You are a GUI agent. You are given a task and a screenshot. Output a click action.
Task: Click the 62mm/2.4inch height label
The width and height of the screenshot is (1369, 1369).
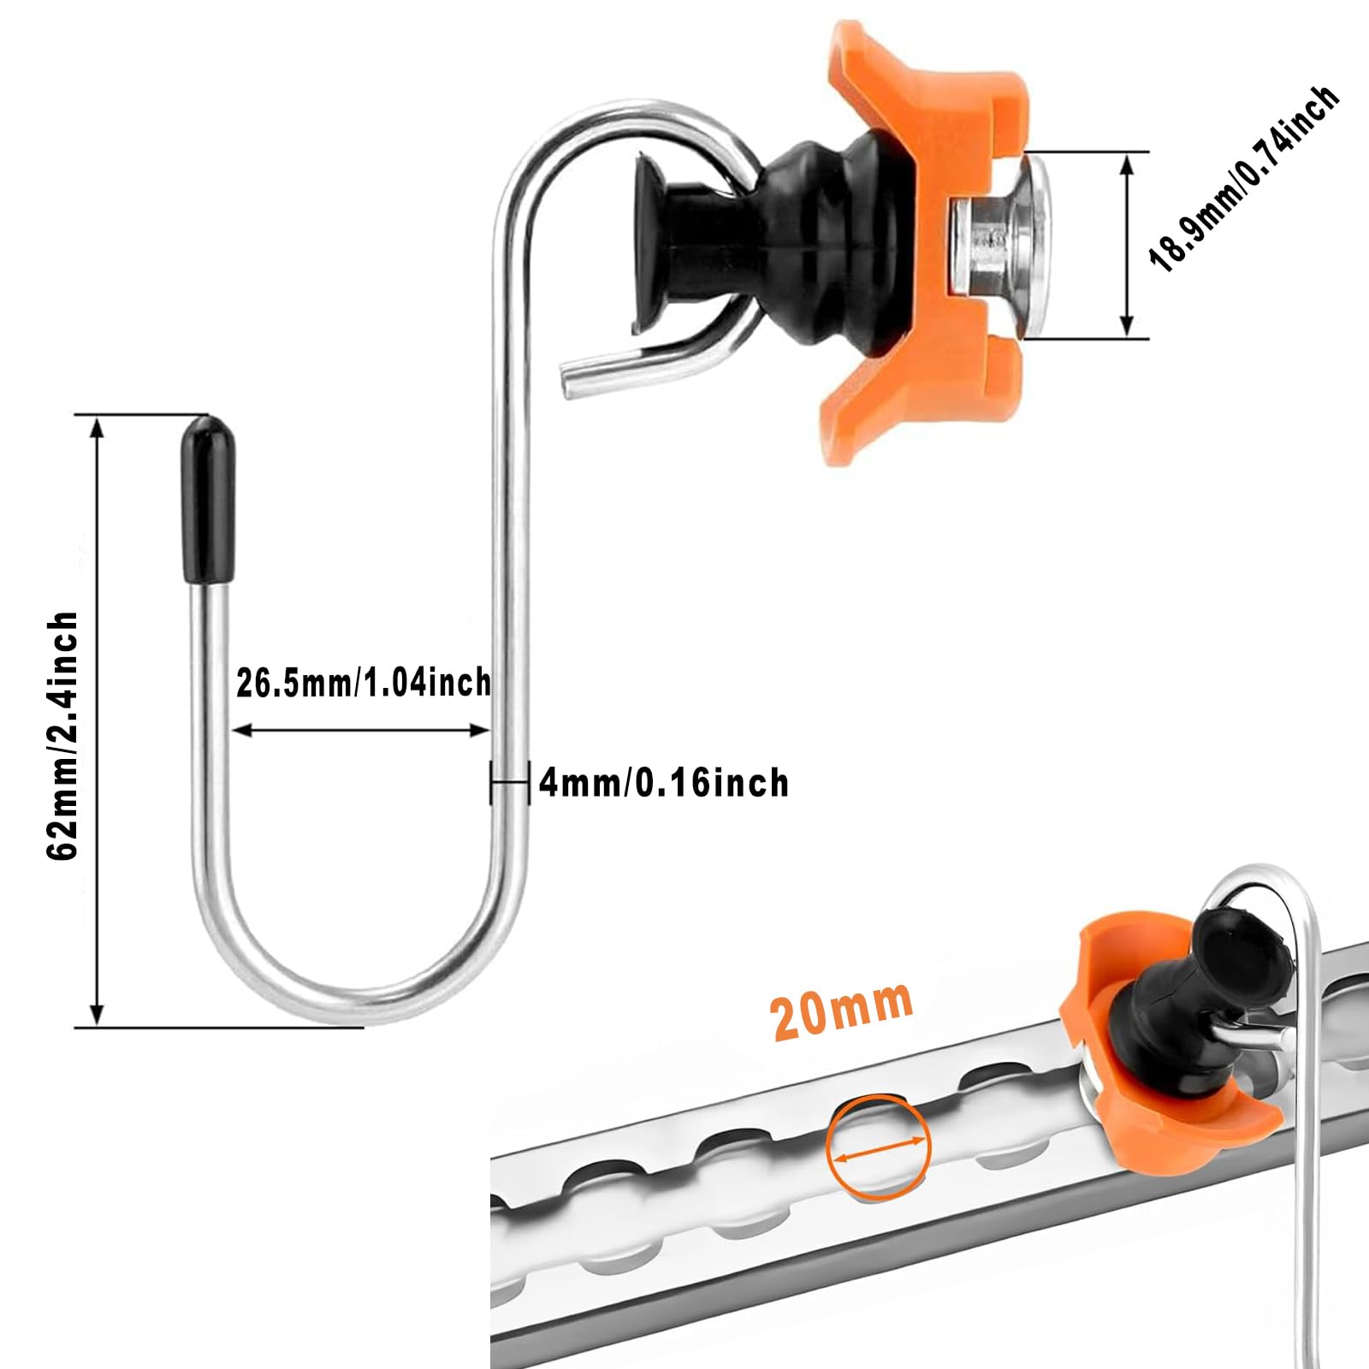click(62, 736)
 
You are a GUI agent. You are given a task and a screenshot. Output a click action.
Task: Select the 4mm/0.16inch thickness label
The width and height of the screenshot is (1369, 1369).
click(664, 783)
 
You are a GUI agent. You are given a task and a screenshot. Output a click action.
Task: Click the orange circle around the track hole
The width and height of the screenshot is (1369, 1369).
click(879, 1145)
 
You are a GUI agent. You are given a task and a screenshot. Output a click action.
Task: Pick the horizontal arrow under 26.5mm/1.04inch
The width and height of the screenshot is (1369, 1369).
click(361, 730)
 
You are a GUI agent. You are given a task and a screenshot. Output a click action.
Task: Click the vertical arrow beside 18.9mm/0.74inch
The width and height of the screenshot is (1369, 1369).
click(1127, 246)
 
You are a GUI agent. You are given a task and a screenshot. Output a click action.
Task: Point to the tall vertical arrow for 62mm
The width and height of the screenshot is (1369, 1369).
click(97, 721)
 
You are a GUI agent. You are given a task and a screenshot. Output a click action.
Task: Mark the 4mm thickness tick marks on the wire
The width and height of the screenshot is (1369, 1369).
click(510, 782)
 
